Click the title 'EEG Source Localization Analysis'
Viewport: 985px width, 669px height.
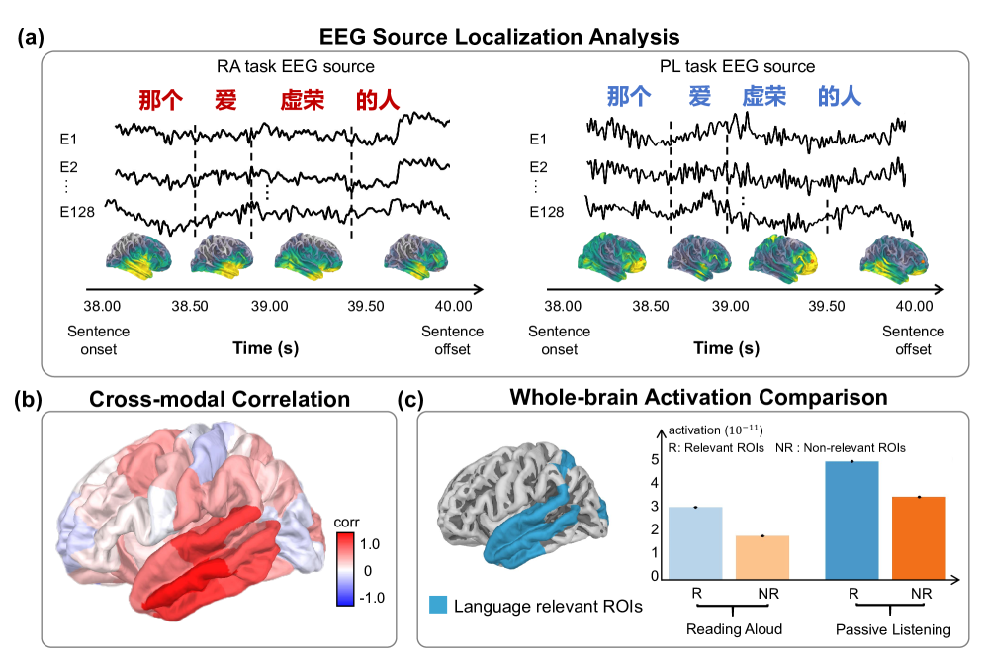pyautogui.click(x=499, y=37)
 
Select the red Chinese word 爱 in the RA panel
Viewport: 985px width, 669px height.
pyautogui.click(x=225, y=99)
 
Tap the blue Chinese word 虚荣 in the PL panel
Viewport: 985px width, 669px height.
pyautogui.click(x=763, y=96)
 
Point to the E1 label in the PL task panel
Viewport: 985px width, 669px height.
pyautogui.click(x=538, y=140)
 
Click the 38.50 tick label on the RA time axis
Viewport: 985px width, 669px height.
pyautogui.click(x=190, y=307)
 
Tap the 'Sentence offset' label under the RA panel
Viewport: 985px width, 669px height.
pyautogui.click(x=452, y=340)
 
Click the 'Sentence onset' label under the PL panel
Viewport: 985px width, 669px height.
pyautogui.click(x=560, y=340)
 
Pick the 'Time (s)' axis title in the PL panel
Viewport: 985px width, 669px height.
pyautogui.click(x=727, y=348)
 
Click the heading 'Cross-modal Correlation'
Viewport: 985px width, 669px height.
pyautogui.click(x=219, y=399)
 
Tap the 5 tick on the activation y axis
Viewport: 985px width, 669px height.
pyautogui.click(x=654, y=460)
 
